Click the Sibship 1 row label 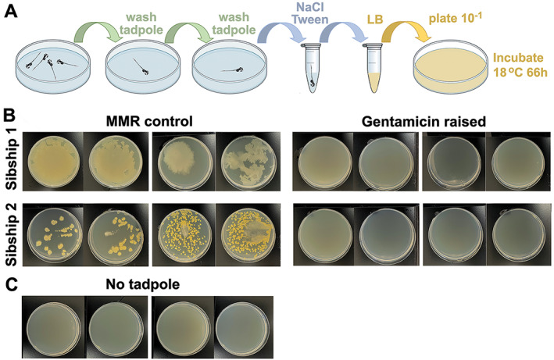coord(11,162)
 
